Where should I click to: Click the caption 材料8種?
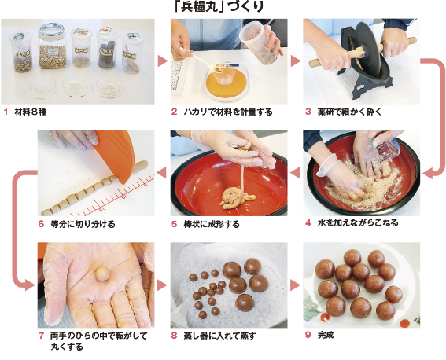[31, 112]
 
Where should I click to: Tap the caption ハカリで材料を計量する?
[227, 112]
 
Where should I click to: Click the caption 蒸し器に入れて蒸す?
[219, 335]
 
